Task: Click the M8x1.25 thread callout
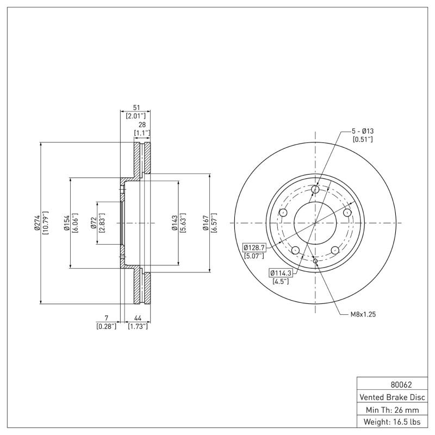362,314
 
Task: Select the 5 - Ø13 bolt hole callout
363,132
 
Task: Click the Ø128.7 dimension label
253,247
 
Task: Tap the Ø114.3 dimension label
279,272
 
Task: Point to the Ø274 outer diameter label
36,223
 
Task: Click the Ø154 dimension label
65,223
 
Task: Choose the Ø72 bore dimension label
94,223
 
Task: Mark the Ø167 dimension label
206,223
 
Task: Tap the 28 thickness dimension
142,125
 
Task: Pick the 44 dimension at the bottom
138,318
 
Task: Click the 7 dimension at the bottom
106,318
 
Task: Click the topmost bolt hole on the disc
315,189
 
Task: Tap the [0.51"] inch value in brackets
363,140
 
